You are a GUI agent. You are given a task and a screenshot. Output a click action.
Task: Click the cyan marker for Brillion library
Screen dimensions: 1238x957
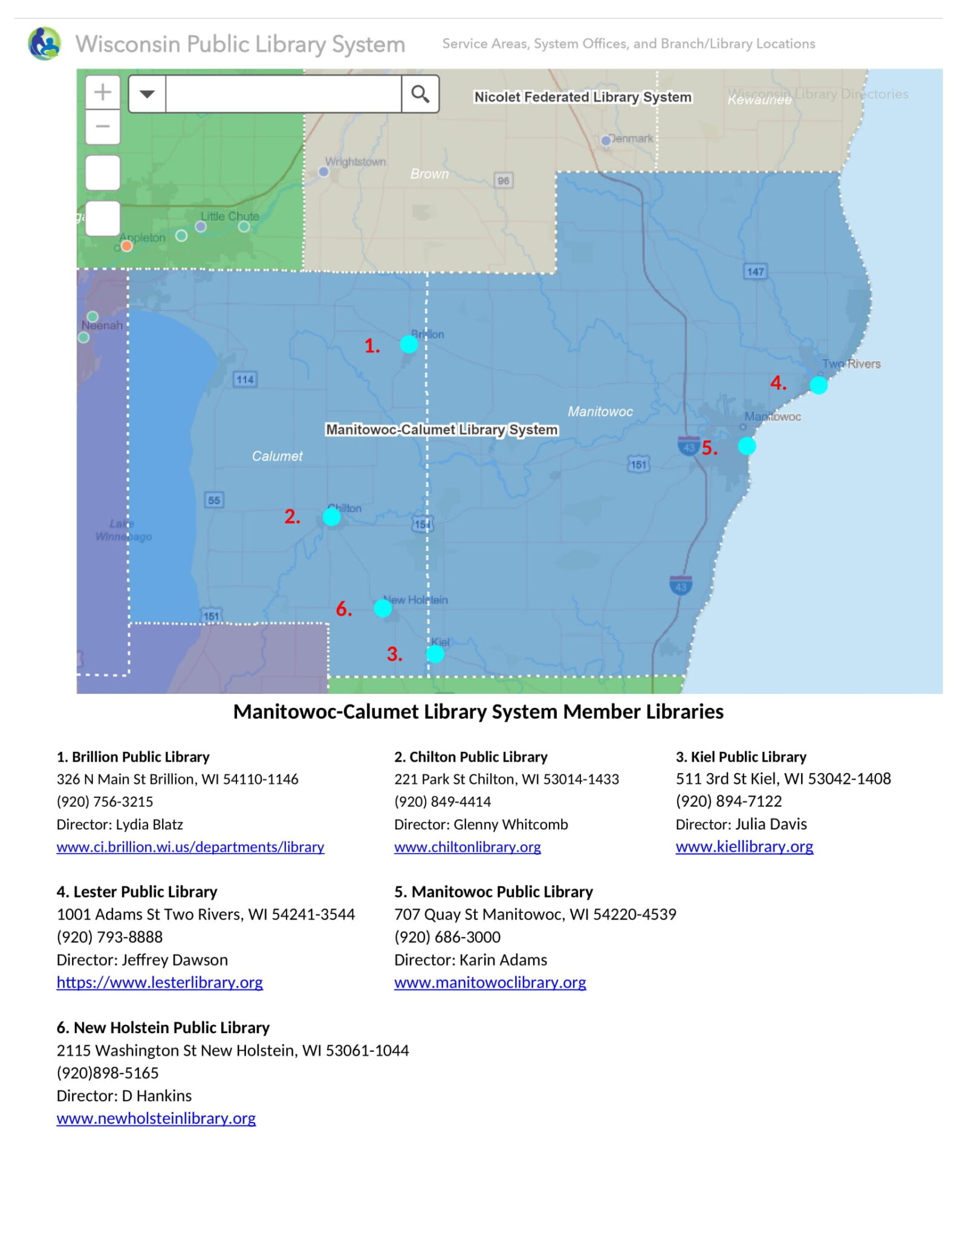click(x=409, y=345)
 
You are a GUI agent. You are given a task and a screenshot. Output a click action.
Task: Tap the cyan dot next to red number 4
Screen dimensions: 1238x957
click(x=818, y=385)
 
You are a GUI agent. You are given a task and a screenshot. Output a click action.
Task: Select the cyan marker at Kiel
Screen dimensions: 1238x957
click(x=435, y=654)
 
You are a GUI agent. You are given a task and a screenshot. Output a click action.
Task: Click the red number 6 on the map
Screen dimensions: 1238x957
click(x=343, y=609)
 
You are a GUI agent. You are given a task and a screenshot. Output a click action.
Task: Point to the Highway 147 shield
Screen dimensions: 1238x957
click(x=755, y=271)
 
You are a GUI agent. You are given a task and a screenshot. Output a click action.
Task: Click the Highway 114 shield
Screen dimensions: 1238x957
click(x=245, y=380)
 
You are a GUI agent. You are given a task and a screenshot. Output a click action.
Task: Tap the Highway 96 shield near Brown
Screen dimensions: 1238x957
click(x=503, y=180)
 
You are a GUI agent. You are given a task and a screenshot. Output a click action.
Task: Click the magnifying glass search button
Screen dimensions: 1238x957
click(x=420, y=94)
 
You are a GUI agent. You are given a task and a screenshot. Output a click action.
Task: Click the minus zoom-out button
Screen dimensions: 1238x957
click(x=103, y=127)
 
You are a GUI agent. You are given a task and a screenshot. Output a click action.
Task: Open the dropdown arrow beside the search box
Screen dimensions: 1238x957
click(x=147, y=94)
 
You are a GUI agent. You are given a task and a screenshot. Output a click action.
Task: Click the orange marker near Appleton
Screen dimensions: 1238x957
click(x=126, y=245)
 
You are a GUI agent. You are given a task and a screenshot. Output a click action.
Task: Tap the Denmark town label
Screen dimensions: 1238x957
click(x=631, y=138)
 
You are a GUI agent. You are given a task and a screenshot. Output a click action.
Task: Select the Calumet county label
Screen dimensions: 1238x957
click(x=277, y=456)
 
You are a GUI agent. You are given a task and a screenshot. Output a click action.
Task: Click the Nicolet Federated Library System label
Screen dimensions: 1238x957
click(x=582, y=97)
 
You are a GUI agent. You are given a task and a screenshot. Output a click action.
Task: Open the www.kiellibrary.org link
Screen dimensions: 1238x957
click(x=744, y=846)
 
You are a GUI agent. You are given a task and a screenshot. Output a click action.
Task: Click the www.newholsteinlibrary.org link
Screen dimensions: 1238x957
click(x=156, y=1118)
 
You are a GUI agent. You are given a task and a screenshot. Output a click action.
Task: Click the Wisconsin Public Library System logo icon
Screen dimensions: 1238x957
click(x=45, y=44)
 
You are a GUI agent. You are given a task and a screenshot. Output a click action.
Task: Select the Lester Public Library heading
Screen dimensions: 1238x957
click(x=137, y=892)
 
